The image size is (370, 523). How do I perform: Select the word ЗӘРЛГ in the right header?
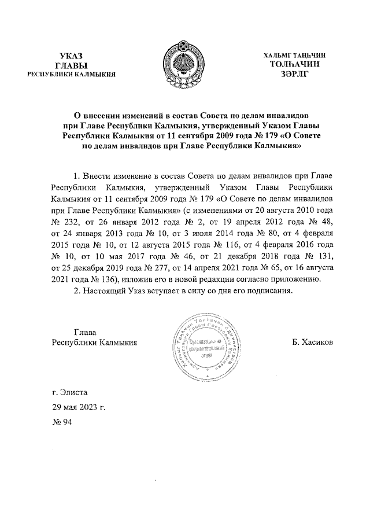(x=294, y=74)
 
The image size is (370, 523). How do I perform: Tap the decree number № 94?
(x=61, y=423)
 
